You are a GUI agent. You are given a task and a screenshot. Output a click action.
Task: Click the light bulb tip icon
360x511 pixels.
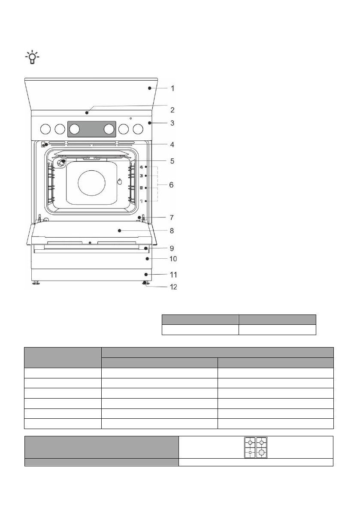pyautogui.click(x=32, y=57)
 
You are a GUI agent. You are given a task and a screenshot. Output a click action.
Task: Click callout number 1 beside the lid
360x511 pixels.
pyautogui.click(x=172, y=88)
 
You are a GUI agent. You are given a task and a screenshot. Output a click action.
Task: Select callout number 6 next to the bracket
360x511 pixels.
pyautogui.click(x=171, y=185)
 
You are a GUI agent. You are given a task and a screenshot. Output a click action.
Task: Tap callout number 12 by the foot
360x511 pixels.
pyautogui.click(x=173, y=287)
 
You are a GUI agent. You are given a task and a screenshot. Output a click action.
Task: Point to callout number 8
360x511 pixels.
pyautogui.click(x=172, y=231)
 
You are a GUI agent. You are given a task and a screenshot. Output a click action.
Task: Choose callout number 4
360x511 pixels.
pyautogui.click(x=172, y=144)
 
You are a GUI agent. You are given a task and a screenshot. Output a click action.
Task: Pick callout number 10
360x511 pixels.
pyautogui.click(x=173, y=259)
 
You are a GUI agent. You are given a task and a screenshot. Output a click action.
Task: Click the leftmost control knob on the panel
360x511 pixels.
pyautogui.click(x=45, y=130)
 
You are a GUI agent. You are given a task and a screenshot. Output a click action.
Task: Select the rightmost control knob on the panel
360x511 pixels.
pyautogui.click(x=138, y=130)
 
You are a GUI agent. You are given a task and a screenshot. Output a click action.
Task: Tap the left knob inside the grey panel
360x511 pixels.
pyautogui.click(x=75, y=130)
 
